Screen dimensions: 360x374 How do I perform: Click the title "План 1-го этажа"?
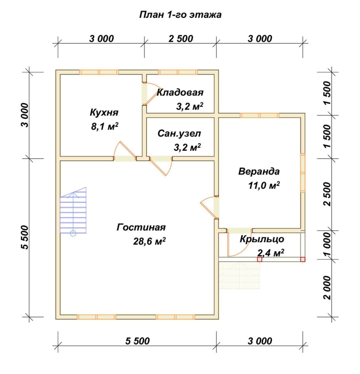180,15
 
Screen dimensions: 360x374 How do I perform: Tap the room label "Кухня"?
104,112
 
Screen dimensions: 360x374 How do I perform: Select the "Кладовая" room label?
180,92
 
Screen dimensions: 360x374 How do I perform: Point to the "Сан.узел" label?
179,134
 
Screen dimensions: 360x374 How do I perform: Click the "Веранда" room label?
259,172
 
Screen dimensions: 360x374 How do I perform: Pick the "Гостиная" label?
141,227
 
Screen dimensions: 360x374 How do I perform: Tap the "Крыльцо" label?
262,239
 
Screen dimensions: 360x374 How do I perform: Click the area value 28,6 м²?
149,241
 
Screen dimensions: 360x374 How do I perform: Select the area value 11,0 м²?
264,185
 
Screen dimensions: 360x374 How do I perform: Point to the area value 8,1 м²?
105,126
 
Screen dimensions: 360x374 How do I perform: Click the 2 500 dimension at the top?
180,39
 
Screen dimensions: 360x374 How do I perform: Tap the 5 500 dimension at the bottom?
138,341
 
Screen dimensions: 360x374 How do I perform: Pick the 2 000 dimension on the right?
327,288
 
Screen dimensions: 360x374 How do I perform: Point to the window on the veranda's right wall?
302,173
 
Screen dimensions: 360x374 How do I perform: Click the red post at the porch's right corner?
302,259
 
